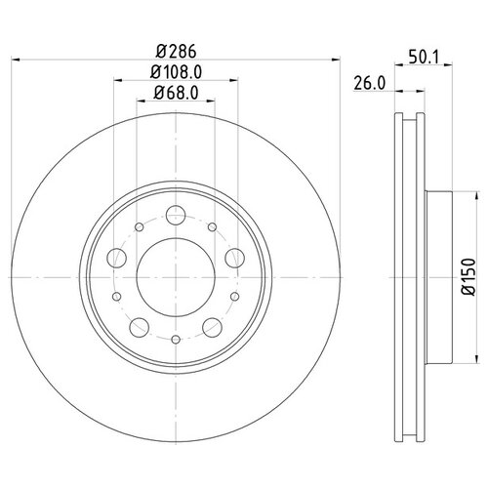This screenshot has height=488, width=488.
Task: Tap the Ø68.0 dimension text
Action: coord(176,94)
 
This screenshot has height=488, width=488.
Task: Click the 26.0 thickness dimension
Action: coord(368,84)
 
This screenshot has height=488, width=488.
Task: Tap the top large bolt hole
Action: coord(176,216)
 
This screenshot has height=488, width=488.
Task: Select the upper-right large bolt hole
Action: coord(235,259)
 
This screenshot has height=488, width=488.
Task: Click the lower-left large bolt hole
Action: coord(140,328)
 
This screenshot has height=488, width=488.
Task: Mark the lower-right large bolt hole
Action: coord(213,328)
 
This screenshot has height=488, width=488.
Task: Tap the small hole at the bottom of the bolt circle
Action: coord(176,340)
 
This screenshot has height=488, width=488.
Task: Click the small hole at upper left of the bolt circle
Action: coord(140,228)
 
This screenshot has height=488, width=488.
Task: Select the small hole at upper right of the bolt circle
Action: coord(213,228)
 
